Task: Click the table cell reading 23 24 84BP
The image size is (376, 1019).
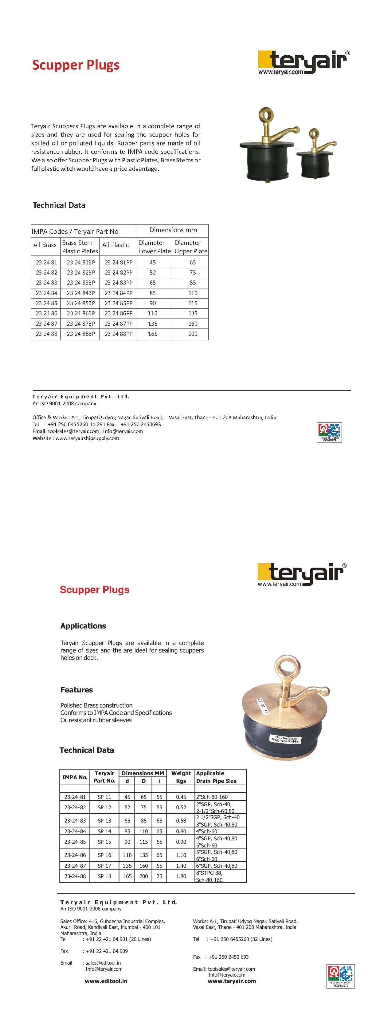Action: pyautogui.click(x=81, y=293)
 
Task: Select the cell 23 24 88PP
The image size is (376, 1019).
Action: pyautogui.click(x=118, y=334)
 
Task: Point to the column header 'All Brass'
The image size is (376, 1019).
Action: pyautogui.click(x=45, y=245)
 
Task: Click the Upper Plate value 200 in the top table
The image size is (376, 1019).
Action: pyautogui.click(x=193, y=334)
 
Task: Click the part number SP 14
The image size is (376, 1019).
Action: pyautogui.click(x=104, y=831)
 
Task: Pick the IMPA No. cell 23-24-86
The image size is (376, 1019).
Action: pyautogui.click(x=75, y=855)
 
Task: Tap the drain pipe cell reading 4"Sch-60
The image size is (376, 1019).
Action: pyautogui.click(x=207, y=831)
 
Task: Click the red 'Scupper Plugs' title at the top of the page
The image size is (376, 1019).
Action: pyautogui.click(x=76, y=65)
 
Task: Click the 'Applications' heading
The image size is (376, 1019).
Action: pyautogui.click(x=83, y=626)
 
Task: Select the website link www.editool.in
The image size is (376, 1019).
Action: pyautogui.click(x=106, y=981)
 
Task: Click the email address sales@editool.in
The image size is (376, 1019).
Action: pyautogui.click(x=103, y=963)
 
